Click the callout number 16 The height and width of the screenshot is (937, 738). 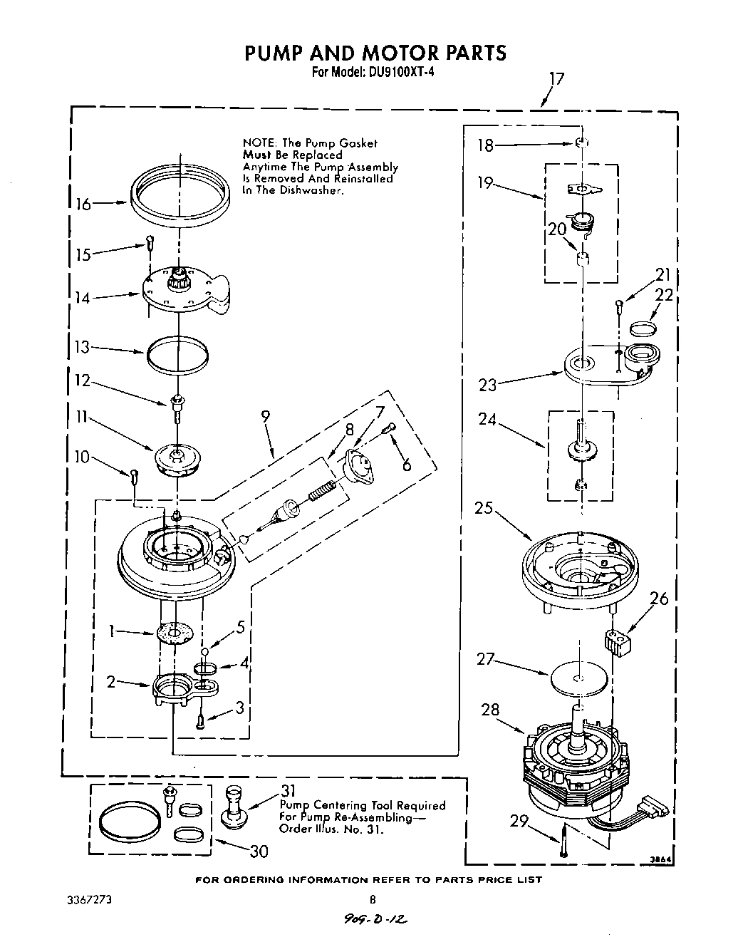83,205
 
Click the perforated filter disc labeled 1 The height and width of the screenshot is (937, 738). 175,631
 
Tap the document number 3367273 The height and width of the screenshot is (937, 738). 81,900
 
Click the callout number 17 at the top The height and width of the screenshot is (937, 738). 556,78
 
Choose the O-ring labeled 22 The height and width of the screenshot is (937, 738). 643,328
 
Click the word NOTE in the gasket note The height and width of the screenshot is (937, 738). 260,143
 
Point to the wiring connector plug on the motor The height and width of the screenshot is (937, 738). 655,809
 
